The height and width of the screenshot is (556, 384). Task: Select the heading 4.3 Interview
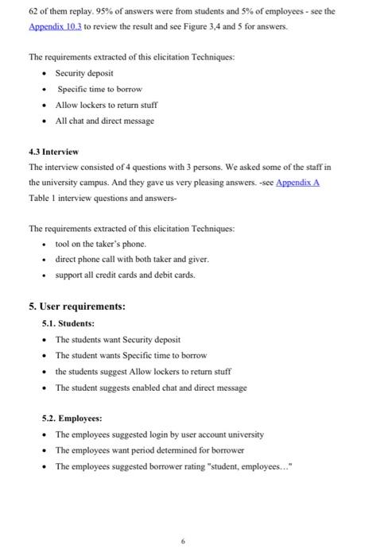point(53,151)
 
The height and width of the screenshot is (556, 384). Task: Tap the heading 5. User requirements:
point(77,306)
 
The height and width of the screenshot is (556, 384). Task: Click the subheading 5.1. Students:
point(68,323)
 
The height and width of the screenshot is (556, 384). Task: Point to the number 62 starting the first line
point(34,11)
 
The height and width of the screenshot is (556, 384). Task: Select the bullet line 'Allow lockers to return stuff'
point(106,105)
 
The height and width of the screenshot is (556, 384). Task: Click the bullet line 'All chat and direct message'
point(104,121)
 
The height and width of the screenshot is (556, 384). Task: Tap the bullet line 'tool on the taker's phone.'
point(101,244)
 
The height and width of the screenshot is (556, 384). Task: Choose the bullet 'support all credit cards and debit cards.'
point(125,275)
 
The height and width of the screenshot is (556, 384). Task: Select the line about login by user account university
point(159,434)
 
